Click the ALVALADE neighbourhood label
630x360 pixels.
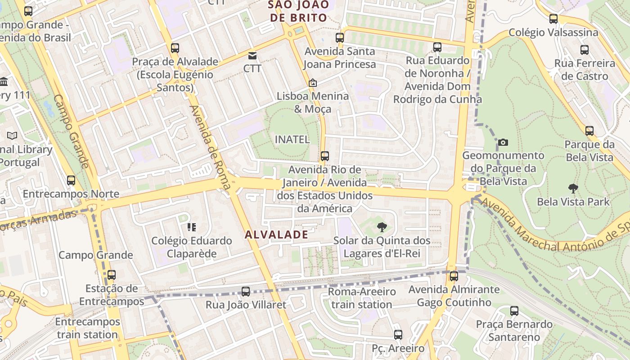point(277,234)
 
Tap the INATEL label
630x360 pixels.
point(292,139)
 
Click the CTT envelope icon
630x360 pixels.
point(252,56)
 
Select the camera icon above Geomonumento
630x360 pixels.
point(503,143)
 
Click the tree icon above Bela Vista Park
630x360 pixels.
point(573,189)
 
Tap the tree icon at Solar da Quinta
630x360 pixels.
point(382,227)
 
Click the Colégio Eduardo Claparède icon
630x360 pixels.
point(192,227)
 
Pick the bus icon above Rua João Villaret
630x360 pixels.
point(246,292)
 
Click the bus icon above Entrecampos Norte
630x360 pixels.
point(71,180)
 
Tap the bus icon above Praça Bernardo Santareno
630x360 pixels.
point(514,311)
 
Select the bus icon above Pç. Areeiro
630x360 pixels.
point(398,335)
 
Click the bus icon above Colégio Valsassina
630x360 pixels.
point(553,19)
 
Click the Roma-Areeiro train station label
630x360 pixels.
point(361,298)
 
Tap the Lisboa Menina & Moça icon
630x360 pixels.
point(312,83)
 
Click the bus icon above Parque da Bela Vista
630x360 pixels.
point(589,131)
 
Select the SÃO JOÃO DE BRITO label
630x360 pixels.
point(297,11)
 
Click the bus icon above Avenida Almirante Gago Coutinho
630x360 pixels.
point(454,276)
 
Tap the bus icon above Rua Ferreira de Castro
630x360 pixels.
point(585,50)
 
